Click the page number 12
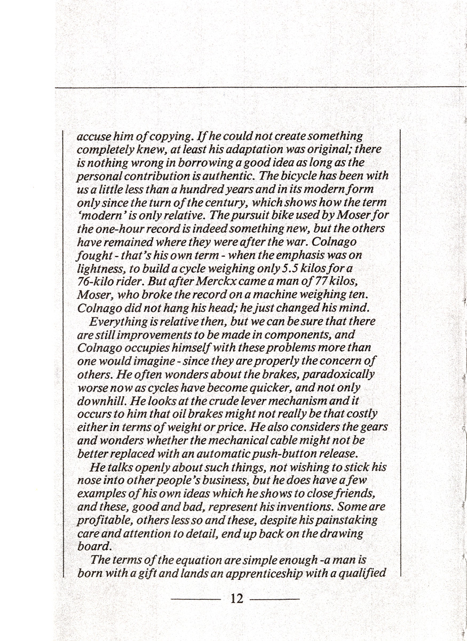(x=236, y=598)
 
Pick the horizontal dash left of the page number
(x=196, y=598)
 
